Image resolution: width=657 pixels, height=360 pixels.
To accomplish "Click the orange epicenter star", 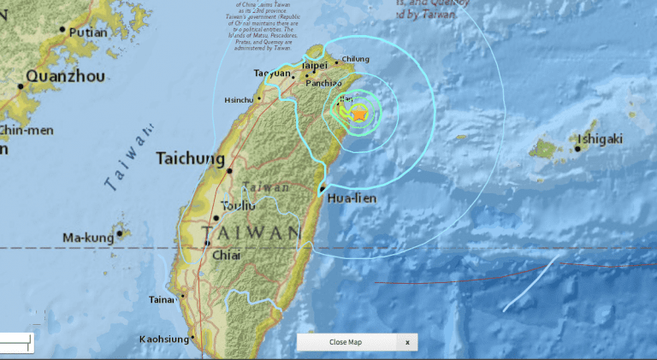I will click(359, 112).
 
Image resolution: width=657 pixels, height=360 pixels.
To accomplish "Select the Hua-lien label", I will click(352, 200).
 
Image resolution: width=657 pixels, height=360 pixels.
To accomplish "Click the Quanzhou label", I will click(66, 77).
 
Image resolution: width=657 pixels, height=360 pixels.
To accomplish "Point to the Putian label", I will click(88, 32).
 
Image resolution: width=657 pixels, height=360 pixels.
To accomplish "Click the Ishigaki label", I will click(599, 139).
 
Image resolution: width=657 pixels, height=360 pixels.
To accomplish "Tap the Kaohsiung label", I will click(163, 340).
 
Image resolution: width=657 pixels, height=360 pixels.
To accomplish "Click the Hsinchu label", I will click(240, 100).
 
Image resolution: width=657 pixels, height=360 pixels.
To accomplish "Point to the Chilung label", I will click(355, 59).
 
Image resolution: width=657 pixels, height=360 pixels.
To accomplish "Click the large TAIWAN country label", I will click(253, 233).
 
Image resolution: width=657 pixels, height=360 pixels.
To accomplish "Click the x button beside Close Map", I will click(408, 342).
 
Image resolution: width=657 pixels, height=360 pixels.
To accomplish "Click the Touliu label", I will click(239, 205).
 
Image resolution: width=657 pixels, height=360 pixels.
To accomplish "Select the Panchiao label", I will click(324, 83).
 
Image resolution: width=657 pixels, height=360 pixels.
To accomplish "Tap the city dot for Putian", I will click(62, 30).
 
